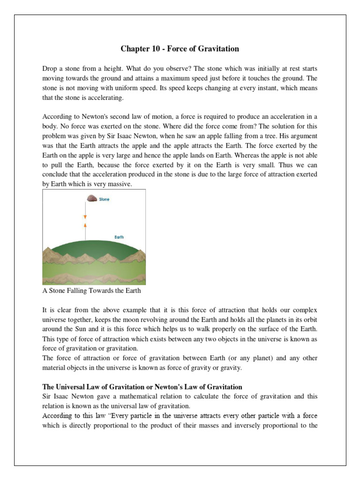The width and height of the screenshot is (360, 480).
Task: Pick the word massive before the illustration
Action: pos(120,185)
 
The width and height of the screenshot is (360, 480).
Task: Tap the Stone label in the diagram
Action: pos(104,199)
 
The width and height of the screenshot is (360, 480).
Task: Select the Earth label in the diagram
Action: pos(119,237)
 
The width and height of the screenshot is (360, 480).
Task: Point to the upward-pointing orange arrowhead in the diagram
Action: pos(85,225)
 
